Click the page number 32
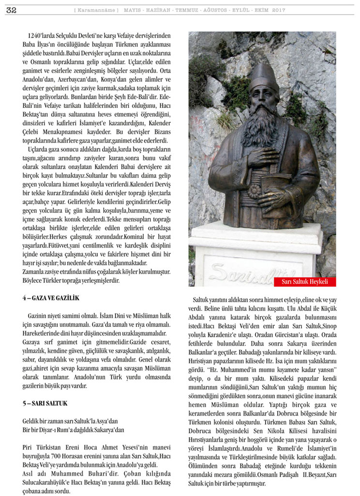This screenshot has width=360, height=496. coord(11,10)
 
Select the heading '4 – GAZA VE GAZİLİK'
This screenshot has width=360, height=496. coord(50,298)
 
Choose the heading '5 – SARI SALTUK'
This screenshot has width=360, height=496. coord(44,403)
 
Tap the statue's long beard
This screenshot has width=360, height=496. coord(262,131)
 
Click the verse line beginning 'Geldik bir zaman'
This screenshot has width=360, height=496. coord(70,421)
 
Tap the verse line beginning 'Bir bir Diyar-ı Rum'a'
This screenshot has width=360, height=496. coord(73,429)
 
